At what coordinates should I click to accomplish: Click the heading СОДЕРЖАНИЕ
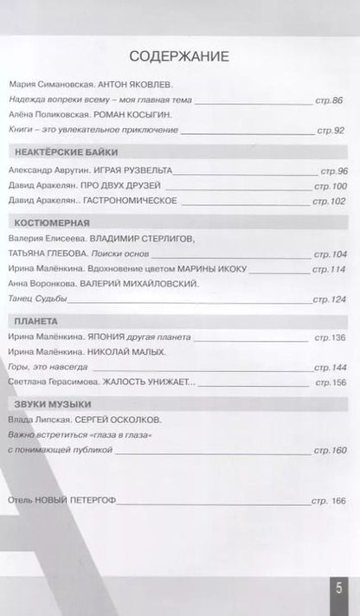click(x=179, y=57)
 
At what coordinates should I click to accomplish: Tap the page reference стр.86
click(x=331, y=101)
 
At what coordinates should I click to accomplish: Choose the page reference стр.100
click(x=329, y=186)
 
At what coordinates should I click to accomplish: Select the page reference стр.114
click(x=329, y=269)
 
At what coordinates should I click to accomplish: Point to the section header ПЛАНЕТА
click(x=36, y=320)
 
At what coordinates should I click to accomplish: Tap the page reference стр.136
click(x=329, y=337)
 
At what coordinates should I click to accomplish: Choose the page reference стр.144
click(x=329, y=367)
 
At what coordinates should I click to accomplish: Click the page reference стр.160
click(x=329, y=450)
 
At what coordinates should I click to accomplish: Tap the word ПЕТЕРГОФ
click(x=92, y=501)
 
